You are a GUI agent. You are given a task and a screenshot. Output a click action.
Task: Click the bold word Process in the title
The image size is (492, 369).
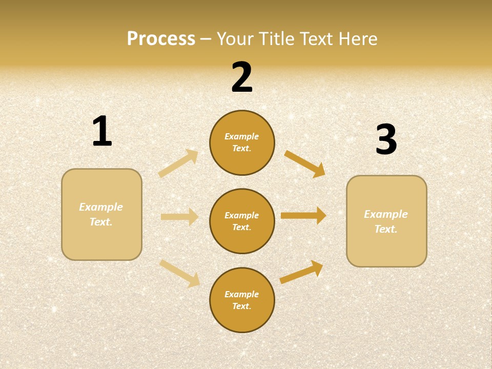pyautogui.click(x=161, y=39)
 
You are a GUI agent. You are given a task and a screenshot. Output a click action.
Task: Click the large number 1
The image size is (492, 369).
pyautogui.click(x=102, y=131)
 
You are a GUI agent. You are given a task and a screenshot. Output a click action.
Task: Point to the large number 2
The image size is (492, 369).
pyautogui.click(x=242, y=77)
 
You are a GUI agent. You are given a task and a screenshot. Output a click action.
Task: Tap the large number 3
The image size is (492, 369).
pyautogui.click(x=386, y=139)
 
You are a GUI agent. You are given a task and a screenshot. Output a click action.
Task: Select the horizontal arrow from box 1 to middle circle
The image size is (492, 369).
pyautogui.click(x=180, y=217)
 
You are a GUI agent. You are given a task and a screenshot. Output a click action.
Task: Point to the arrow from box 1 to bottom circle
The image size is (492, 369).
pyautogui.click(x=180, y=273)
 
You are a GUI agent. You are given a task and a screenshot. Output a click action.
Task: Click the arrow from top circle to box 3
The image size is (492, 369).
pyautogui.click(x=305, y=163)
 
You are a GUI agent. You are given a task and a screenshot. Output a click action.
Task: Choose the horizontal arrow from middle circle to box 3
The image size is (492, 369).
pyautogui.click(x=303, y=215)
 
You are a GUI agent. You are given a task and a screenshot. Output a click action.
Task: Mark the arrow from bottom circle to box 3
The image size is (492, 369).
pyautogui.click(x=302, y=272)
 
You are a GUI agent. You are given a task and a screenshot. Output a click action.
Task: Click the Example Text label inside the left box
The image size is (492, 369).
pyautogui.click(x=101, y=214)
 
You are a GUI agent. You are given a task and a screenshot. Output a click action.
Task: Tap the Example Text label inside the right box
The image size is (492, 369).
pyautogui.click(x=386, y=221)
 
